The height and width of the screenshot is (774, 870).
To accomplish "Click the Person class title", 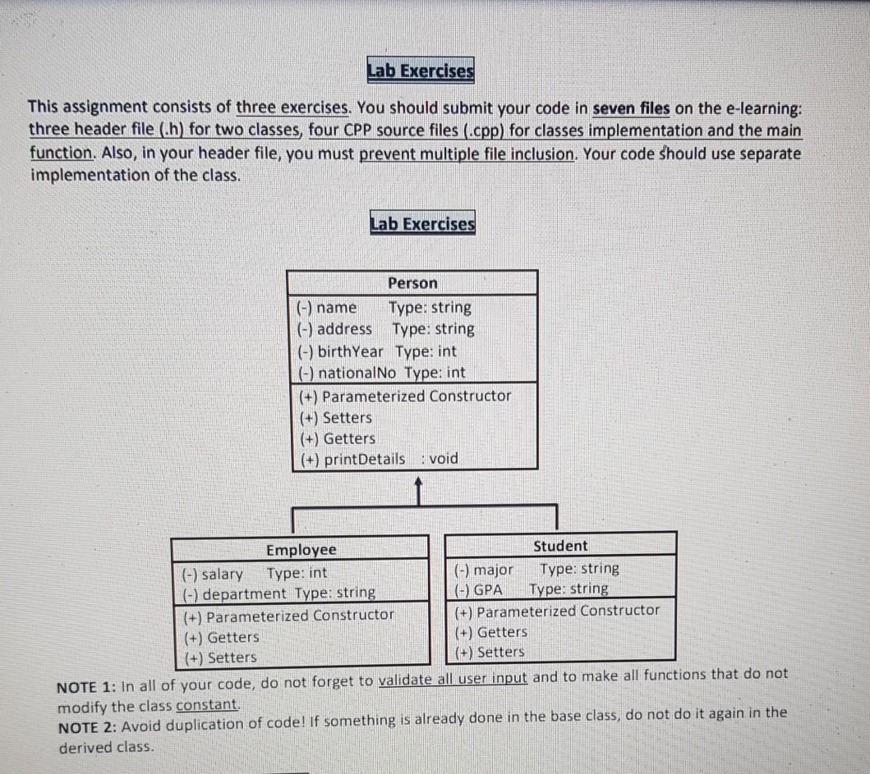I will click(412, 283).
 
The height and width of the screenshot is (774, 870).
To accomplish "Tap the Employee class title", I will click(301, 549).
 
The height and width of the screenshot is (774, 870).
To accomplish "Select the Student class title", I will click(560, 546).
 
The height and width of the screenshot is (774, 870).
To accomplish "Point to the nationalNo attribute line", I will click(380, 372).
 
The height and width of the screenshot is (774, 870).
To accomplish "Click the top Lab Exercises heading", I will click(421, 72).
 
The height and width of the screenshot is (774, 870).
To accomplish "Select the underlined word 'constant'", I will click(207, 706).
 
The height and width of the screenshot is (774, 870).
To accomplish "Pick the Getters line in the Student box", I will click(490, 632).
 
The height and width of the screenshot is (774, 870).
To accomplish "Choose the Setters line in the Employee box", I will click(219, 657).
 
